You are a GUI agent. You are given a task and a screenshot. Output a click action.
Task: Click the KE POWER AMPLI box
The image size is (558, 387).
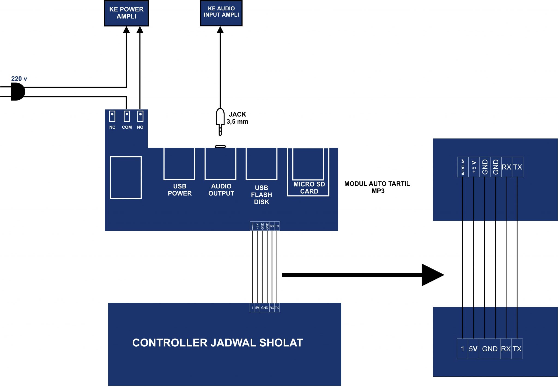point(126,13)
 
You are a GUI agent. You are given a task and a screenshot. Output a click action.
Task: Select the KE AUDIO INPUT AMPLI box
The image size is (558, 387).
point(221,13)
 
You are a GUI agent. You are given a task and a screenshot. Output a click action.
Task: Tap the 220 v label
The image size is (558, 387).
point(19,79)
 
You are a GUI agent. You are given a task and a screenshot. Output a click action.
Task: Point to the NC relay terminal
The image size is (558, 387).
point(112,117)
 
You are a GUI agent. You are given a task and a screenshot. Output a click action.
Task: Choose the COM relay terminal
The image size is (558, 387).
point(127,117)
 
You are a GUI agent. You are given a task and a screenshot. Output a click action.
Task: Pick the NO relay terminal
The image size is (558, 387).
point(140,117)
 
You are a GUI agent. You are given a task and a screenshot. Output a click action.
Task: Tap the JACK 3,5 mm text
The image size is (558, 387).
point(237,118)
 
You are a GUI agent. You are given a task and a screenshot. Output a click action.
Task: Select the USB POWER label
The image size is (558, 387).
point(180,190)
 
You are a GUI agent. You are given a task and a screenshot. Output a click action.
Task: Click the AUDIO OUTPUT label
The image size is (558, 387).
point(221,190)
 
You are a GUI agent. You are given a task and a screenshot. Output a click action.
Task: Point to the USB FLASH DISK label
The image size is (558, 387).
point(261,195)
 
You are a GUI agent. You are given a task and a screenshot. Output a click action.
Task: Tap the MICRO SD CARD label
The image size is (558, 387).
point(309,188)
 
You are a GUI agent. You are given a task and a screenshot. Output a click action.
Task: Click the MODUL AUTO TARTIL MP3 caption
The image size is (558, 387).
point(377,187)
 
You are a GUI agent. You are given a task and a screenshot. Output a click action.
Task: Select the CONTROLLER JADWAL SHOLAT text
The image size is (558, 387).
point(217,343)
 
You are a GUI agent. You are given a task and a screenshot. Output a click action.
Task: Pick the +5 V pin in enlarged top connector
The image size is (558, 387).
point(474,167)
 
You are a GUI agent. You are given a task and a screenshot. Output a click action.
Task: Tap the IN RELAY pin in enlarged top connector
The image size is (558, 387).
point(463,167)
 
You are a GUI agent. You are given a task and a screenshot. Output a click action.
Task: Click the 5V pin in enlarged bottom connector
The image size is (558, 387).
point(473,349)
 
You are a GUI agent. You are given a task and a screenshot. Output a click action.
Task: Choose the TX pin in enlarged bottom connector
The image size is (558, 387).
point(517,349)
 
